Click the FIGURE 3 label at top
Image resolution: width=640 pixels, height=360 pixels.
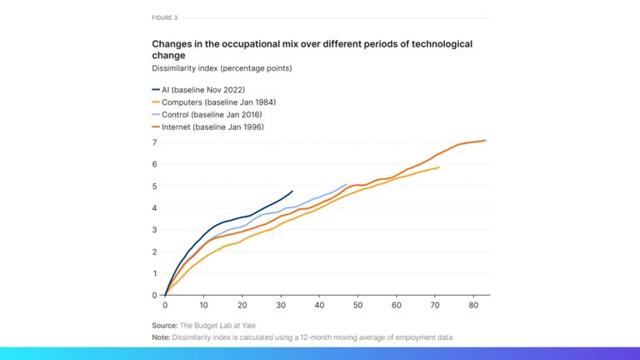point(164,17)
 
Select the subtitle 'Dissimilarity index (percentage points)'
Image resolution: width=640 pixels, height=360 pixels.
point(222,67)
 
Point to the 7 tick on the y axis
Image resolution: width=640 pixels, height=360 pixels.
point(154,142)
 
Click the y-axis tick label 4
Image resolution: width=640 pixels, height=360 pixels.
point(154,207)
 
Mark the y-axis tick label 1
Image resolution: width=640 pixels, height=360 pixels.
point(154,273)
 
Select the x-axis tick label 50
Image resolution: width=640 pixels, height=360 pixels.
point(357,306)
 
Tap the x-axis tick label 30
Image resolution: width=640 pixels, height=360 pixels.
point(280,306)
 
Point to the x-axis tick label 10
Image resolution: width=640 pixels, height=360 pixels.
point(203,306)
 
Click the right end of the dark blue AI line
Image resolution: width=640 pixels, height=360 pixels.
point(292,191)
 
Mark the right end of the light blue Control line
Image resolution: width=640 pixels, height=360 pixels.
point(346,184)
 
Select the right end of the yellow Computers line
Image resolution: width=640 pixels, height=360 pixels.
point(438,167)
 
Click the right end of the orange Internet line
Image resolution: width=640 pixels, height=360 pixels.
point(485,140)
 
